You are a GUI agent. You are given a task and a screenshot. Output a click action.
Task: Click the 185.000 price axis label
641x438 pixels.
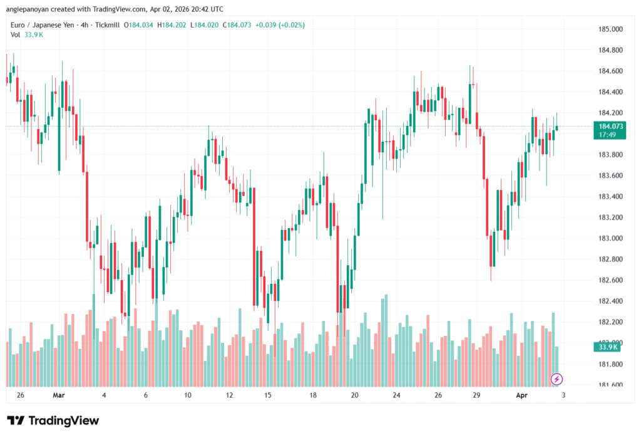[x=610, y=29]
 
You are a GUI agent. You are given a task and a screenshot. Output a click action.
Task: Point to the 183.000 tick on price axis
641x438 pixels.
[x=610, y=239]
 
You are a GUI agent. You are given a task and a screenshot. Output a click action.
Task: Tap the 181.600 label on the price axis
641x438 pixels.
[x=610, y=385]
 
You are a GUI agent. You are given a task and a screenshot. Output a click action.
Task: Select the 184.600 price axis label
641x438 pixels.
[x=610, y=71]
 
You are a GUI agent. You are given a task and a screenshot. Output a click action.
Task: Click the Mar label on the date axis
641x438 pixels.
[x=59, y=396]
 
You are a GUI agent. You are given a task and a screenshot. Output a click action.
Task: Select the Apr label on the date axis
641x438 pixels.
[x=522, y=396]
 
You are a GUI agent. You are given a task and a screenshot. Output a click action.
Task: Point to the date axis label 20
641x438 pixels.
[x=355, y=396]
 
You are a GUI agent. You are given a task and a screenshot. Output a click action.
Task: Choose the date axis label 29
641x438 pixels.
[x=476, y=396]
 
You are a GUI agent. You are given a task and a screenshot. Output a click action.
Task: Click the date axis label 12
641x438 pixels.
[x=230, y=396]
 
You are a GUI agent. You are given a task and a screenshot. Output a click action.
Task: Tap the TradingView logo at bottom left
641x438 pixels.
[x=53, y=420]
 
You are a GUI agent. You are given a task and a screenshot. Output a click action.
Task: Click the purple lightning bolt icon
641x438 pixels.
[x=556, y=379]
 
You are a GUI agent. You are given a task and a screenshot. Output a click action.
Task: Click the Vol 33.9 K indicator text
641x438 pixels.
[x=27, y=34]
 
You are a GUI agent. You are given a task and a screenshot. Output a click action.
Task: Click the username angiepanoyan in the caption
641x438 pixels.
[x=29, y=9]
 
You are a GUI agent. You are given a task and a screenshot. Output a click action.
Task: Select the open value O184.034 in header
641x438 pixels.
[x=140, y=25]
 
